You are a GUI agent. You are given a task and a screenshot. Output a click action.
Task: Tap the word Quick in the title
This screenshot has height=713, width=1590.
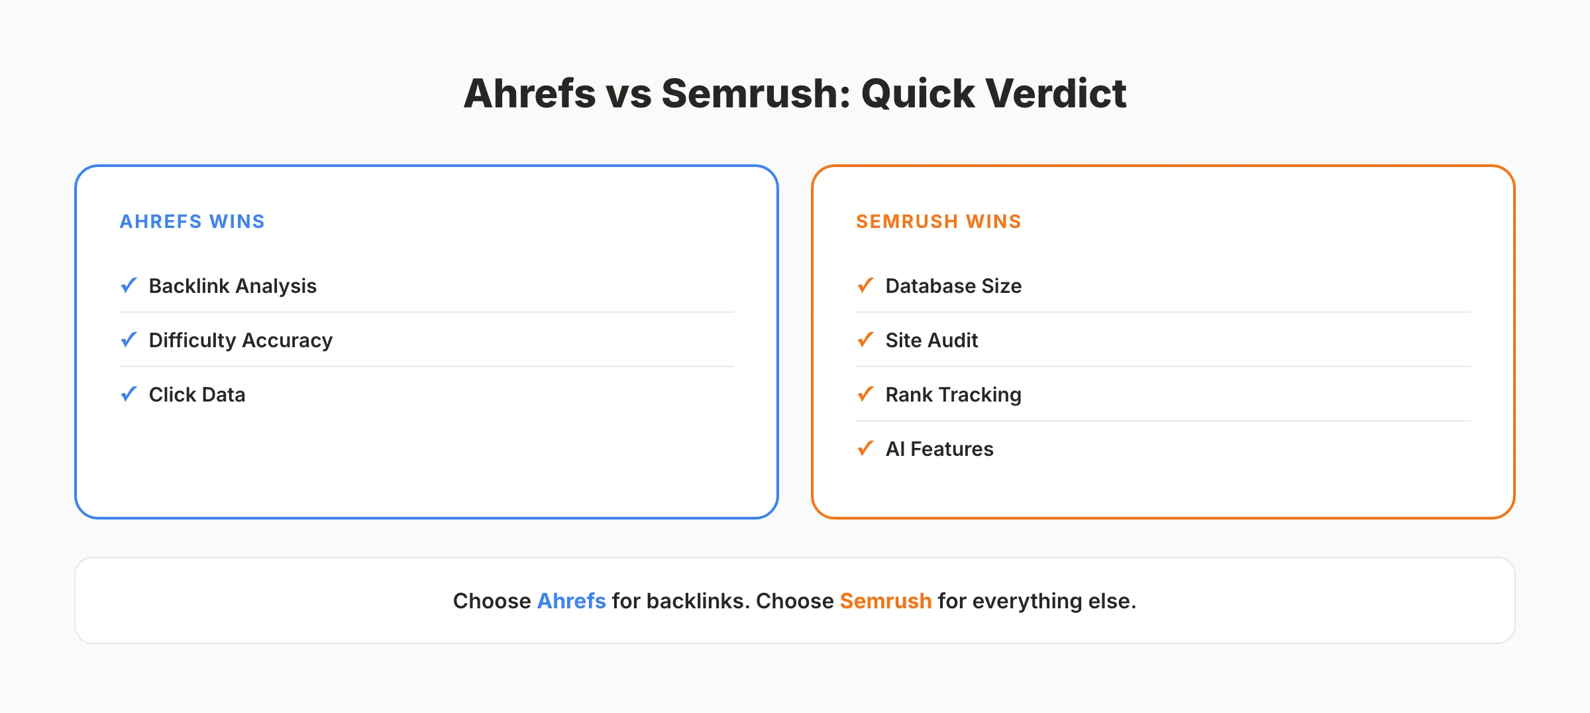click(918, 93)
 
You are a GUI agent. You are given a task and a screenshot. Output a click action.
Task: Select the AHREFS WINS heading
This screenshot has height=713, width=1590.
click(192, 221)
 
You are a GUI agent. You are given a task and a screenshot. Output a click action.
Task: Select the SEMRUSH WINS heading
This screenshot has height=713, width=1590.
click(938, 221)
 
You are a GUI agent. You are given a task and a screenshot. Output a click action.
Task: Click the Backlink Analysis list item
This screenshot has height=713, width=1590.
click(233, 286)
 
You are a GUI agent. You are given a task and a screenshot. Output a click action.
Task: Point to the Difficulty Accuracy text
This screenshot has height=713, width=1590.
click(240, 340)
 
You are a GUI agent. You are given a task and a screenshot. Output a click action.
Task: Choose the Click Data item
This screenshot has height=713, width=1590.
click(197, 394)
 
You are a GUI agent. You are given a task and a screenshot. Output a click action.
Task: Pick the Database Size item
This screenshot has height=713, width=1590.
click(953, 286)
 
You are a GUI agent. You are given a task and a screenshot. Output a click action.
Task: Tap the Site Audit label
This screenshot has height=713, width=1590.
click(931, 340)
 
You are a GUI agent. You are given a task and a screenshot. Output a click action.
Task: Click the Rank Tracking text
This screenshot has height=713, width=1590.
click(953, 394)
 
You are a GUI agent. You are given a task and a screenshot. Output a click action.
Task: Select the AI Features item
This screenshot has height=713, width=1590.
click(939, 449)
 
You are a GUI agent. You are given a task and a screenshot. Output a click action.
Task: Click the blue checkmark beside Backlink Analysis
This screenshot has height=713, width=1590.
click(129, 286)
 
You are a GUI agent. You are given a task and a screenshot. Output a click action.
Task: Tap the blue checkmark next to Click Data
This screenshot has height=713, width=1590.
click(129, 394)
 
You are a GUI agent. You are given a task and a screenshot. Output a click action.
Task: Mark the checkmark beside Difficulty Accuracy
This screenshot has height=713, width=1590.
click(129, 340)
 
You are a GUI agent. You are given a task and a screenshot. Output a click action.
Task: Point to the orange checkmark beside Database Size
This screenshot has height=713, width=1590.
click(865, 286)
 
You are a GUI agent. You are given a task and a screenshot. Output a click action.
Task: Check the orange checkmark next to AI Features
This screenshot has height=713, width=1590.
click(865, 449)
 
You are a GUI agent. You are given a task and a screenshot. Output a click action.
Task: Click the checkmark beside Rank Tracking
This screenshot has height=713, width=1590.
click(865, 394)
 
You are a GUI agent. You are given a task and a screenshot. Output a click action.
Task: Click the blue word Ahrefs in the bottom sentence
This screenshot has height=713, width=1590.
click(571, 601)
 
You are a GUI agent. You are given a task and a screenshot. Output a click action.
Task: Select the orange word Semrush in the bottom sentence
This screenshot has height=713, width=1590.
click(886, 601)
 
